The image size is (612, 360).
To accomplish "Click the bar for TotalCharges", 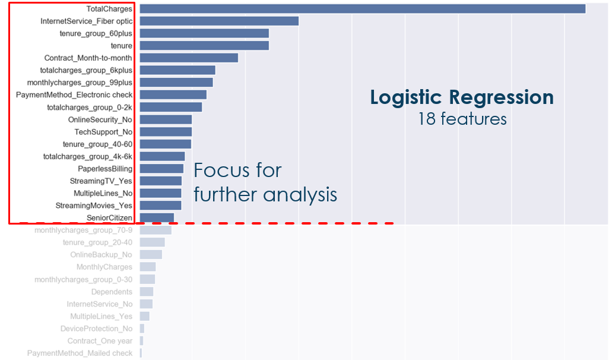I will point(362,9).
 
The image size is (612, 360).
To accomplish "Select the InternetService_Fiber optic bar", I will point(219,21).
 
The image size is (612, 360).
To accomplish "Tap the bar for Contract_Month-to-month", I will point(189,58).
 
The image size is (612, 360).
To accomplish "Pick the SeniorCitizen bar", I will point(157,218).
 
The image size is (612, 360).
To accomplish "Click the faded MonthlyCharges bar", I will point(148,267).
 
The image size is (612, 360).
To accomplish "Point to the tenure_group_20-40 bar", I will point(152,242).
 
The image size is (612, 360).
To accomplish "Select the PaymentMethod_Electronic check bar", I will point(173,94).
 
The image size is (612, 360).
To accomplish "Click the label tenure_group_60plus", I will point(96,33).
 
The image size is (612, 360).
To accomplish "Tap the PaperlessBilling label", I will point(105,169).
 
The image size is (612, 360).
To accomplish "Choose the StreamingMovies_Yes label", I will point(94,206).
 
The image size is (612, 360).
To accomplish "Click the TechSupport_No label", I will point(103,132).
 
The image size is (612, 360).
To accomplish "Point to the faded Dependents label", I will point(112,292).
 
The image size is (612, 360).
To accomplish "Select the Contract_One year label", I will point(100,341).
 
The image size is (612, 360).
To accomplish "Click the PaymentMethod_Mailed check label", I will point(80,353).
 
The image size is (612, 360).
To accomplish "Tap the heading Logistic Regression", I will point(462,97).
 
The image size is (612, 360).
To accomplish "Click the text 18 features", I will point(462,119).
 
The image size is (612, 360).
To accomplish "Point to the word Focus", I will point(220,171).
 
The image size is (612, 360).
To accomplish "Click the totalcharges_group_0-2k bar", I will point(171,107).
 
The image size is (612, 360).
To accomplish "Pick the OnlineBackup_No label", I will point(102,255).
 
